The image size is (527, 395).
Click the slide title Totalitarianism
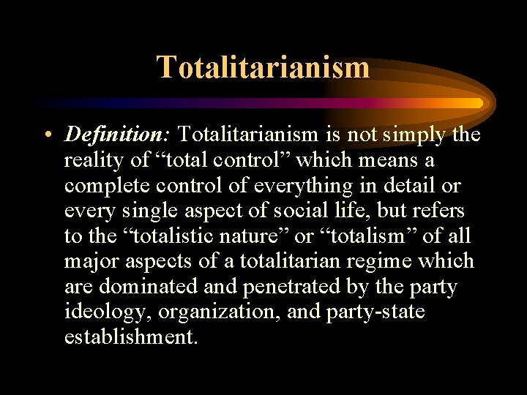coord(263,67)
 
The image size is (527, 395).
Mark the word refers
coord(434,211)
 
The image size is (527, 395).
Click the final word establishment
coord(130,337)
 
